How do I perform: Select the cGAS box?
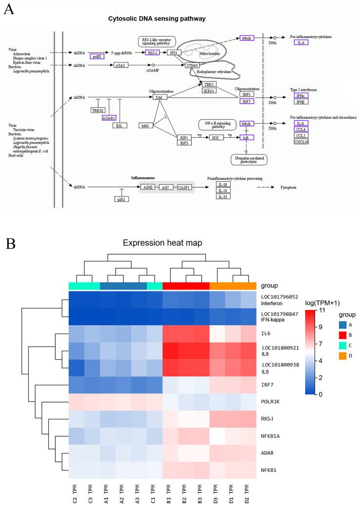click(x=121, y=65)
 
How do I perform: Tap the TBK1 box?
click(x=209, y=84)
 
